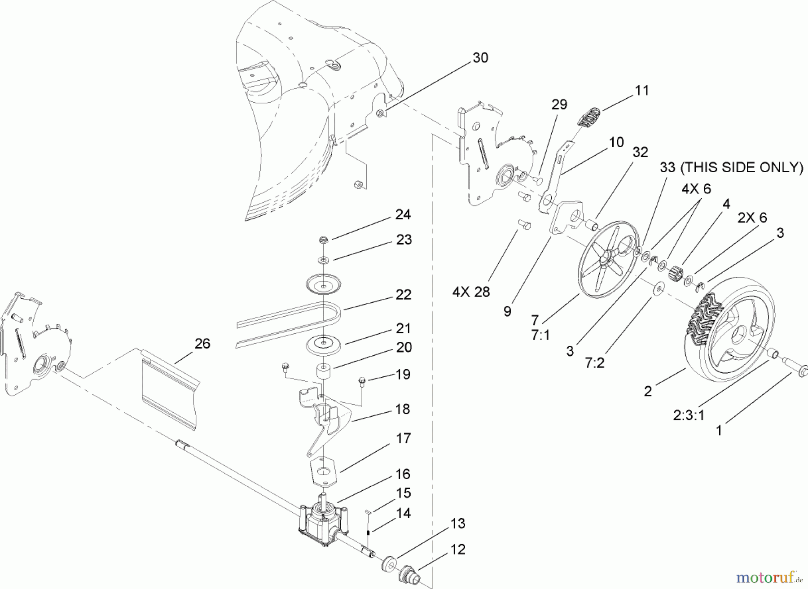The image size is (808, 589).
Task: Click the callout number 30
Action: pos(480,58)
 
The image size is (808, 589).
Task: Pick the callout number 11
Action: pos(642,90)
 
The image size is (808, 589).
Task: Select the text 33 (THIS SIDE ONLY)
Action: pos(731,167)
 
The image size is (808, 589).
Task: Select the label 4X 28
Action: pos(471,292)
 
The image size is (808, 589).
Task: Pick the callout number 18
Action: pos(403,409)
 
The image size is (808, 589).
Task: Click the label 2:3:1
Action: pos(689,415)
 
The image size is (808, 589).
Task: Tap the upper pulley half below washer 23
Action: pos(323,284)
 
